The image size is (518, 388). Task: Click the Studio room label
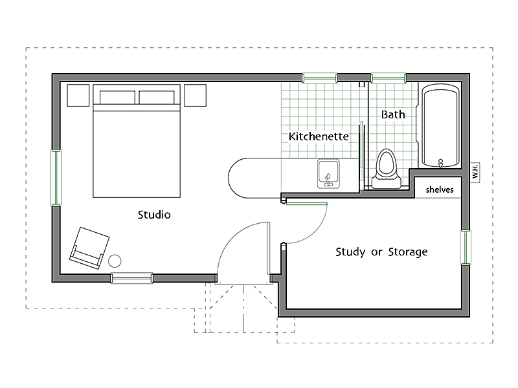point(154,215)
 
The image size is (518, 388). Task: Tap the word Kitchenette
point(319,136)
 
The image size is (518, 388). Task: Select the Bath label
point(393,114)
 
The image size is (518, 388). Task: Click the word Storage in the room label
point(408,252)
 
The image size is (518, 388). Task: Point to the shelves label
point(440,189)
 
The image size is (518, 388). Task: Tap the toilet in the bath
point(387,169)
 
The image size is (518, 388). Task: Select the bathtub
point(441,125)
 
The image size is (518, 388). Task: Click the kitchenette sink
point(328,173)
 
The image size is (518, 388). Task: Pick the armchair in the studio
point(89,248)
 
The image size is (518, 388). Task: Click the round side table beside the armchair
point(115,261)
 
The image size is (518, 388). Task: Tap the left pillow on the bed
point(117,98)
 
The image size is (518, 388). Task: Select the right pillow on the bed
point(157,98)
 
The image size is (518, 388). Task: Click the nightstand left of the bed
point(78,95)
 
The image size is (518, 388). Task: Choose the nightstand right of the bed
point(196,95)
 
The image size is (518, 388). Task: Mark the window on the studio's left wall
point(56,178)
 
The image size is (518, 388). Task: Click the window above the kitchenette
point(320,78)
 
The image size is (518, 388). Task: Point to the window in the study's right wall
point(466,248)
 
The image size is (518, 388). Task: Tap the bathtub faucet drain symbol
point(440,163)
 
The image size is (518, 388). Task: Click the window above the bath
point(388,78)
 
